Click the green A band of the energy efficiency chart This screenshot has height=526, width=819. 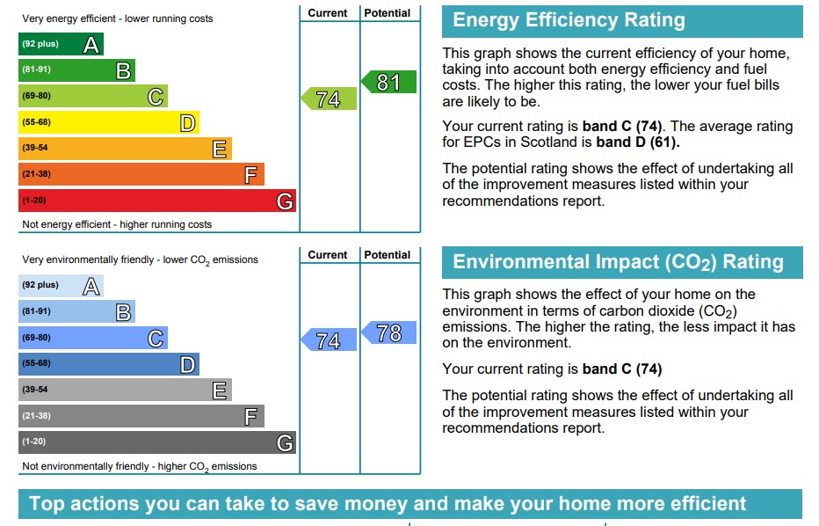61,44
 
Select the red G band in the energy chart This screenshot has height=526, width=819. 156,201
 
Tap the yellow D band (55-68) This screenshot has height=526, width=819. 108,122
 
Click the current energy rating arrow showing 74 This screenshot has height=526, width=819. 329,99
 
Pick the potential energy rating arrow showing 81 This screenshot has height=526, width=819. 388,83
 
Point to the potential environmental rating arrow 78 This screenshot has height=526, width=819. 388,332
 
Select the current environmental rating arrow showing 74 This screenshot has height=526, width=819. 329,340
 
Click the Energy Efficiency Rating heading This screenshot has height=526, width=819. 569,21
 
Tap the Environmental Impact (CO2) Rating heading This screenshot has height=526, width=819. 618,262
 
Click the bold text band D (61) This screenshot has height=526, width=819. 638,142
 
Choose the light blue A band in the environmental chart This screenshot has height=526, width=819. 61,286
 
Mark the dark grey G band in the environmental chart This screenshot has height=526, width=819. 156,442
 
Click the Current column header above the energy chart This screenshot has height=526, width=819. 328,13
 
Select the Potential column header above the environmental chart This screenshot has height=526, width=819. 388,255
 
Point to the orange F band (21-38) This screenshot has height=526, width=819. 141,174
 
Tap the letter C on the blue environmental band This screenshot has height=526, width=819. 156,339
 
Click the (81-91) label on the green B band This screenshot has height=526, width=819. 37,70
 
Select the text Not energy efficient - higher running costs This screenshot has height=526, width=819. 117,225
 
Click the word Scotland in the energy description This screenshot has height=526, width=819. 551,142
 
